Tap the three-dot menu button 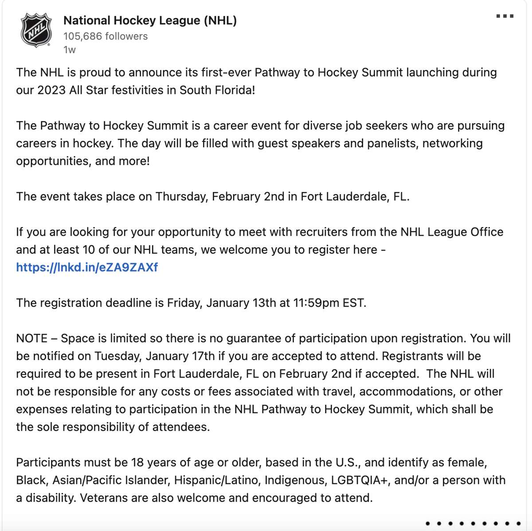tap(505, 16)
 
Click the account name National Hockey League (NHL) tap(150, 20)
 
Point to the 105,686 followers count tap(106, 36)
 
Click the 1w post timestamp tap(70, 50)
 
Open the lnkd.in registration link tap(87, 267)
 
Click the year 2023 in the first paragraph tap(51, 90)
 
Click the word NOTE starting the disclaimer tap(31, 338)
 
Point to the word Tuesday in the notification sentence tap(117, 356)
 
